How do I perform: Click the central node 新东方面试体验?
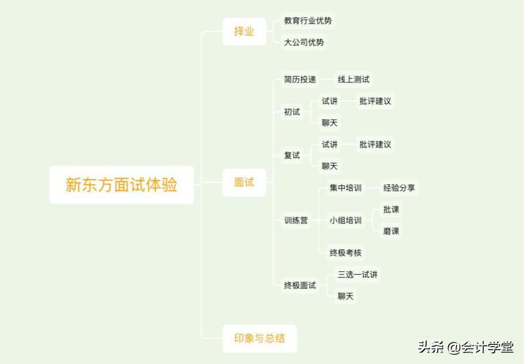tap(121, 185)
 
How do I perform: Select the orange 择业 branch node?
tap(244, 32)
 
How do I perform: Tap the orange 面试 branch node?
tap(244, 183)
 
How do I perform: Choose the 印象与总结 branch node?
tap(259, 338)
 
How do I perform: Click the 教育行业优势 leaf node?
tap(307, 21)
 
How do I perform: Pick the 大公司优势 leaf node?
tap(303, 42)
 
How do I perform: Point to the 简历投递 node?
tap(299, 79)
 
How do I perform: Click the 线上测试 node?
tap(353, 79)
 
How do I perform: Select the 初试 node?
tap(292, 112)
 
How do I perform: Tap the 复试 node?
tap(292, 156)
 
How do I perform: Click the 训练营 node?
tap(295, 220)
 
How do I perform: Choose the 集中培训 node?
tap(345, 188)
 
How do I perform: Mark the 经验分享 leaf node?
tap(399, 188)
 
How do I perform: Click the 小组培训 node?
tap(345, 220)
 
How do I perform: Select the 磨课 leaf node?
tap(391, 231)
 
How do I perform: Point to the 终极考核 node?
tap(345, 252)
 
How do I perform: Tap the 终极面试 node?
tap(299, 285)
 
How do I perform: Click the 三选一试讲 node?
tap(358, 275)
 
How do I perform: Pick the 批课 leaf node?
tap(391, 210)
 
